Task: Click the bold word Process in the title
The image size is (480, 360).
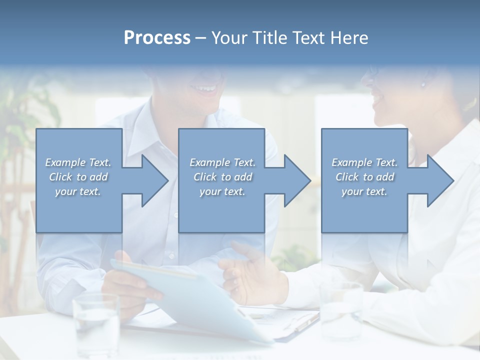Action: point(157,38)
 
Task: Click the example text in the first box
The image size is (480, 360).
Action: point(78,177)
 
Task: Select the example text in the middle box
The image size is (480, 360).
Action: point(222,177)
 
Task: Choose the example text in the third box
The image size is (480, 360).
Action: point(364,177)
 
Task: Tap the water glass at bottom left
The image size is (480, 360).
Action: point(96,325)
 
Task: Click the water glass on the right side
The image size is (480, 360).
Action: point(341,310)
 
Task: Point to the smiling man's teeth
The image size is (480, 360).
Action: point(205,89)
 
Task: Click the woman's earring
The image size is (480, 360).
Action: point(423,83)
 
